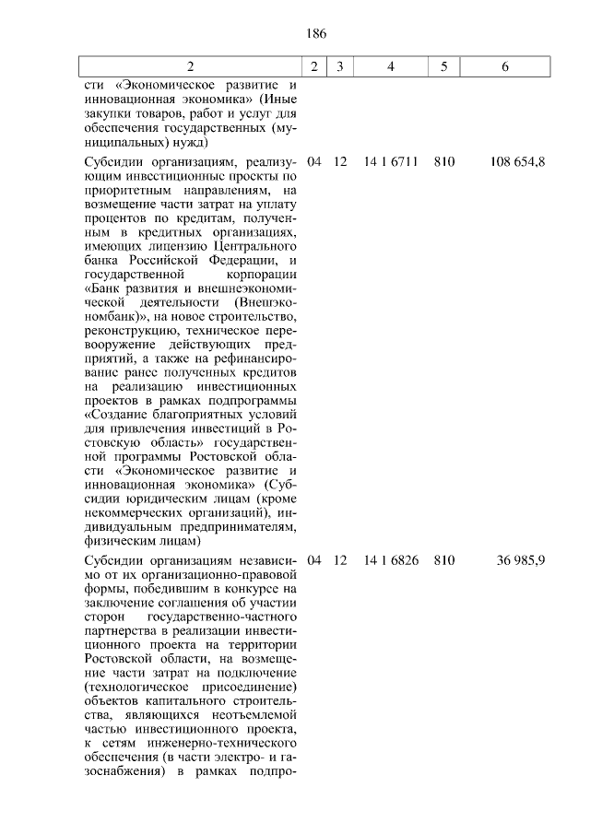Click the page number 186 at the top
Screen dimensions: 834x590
click(315, 33)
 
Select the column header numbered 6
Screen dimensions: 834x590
click(504, 66)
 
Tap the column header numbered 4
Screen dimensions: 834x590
click(391, 66)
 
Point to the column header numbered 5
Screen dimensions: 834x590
click(444, 66)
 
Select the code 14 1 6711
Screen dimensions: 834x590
click(391, 161)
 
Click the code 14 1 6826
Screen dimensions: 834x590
click(391, 559)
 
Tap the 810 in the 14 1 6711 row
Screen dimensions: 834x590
click(444, 161)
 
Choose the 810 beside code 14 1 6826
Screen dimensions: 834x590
click(444, 559)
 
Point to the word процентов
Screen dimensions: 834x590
click(113, 218)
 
